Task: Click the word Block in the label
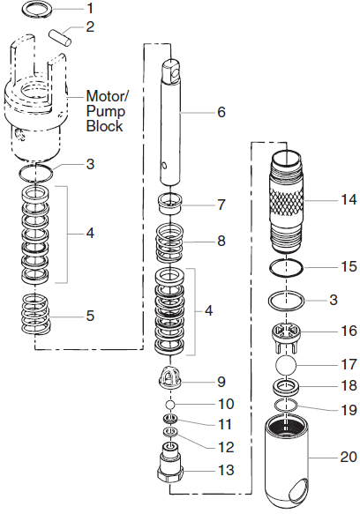pos(103,126)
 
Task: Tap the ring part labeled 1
pos(36,11)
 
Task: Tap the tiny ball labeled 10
pos(172,404)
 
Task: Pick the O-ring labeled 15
pos(289,267)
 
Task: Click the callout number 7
pos(221,205)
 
